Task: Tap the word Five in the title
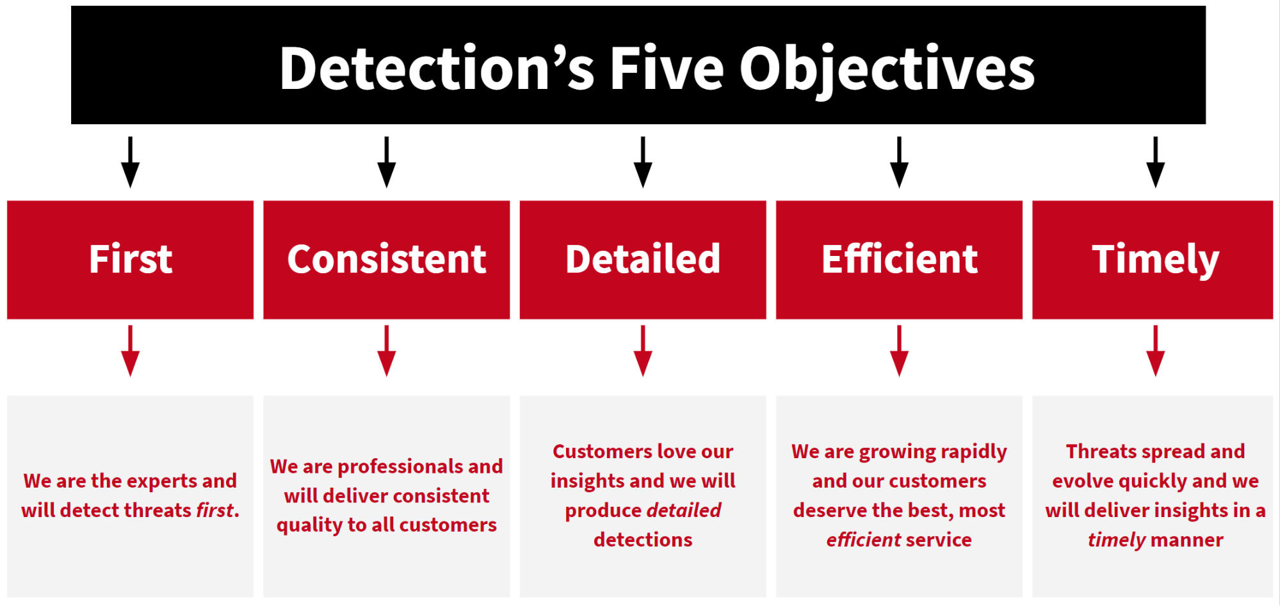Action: point(667,68)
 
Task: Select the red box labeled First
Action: point(131,260)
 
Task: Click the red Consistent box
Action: point(387,260)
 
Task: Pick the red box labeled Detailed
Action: point(643,260)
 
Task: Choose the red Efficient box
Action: point(899,260)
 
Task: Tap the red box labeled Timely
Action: point(1153,260)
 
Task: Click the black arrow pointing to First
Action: point(131,162)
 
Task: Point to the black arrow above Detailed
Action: point(643,162)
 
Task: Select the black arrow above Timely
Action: point(1156,162)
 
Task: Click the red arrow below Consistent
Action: point(387,351)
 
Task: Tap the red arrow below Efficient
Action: point(899,351)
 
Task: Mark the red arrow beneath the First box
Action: point(131,351)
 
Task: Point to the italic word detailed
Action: point(683,510)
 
